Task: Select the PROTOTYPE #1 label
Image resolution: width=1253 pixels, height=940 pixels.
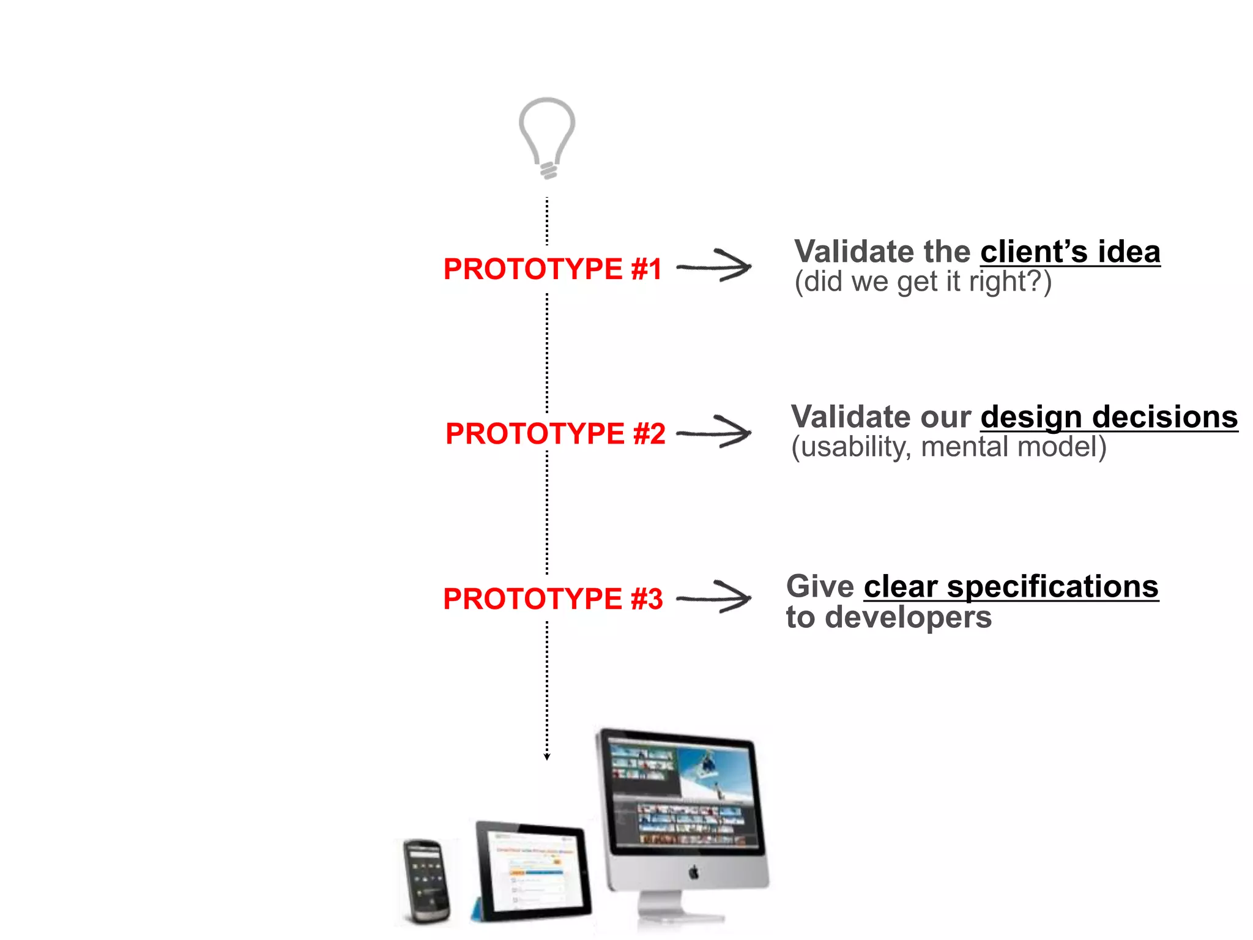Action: point(552,269)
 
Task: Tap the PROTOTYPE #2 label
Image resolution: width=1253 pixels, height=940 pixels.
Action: point(555,434)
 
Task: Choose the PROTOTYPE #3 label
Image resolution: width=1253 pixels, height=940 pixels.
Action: point(552,599)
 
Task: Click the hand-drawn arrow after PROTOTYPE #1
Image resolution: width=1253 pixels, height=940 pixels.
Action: point(715,266)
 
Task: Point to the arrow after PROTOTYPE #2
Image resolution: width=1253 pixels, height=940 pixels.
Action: point(715,432)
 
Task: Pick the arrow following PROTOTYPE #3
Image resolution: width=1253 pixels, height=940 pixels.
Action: point(715,597)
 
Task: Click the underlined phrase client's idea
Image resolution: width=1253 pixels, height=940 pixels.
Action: point(1069,252)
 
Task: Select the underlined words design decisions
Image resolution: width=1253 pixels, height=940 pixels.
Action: point(1109,417)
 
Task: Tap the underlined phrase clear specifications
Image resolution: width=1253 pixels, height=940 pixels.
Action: point(1011,587)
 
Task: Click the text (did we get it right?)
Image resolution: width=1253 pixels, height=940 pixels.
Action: point(923,282)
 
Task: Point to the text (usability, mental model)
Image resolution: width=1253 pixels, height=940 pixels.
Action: point(948,447)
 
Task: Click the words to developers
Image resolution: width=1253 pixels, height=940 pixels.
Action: point(888,617)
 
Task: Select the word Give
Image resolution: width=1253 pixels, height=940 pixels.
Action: point(820,587)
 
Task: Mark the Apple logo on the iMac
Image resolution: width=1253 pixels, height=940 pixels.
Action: point(694,871)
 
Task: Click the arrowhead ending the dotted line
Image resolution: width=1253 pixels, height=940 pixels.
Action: point(547,757)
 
